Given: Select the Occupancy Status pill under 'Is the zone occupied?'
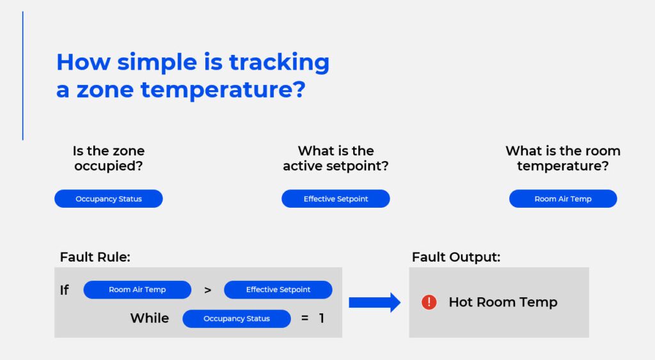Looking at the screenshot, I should [109, 199].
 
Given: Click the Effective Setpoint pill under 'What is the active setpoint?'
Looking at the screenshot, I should [336, 199].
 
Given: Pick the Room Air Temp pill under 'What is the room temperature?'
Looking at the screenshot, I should [563, 199].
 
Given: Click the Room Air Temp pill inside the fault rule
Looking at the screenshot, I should [138, 290].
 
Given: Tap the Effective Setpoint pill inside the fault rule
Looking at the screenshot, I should [278, 290].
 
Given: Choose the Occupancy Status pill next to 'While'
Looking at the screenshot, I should [237, 318].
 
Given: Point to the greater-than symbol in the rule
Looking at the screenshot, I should [207, 290].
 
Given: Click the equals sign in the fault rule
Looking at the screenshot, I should [304, 318].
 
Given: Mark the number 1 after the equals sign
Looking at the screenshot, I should [322, 318].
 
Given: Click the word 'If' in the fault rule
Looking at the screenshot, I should [65, 290].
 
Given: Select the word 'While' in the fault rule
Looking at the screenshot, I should [150, 318].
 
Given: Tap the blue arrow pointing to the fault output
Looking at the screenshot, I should [374, 302].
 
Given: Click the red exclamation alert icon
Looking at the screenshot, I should [429, 302].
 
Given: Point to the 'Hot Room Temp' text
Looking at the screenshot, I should [503, 302].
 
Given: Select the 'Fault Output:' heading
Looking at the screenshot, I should [456, 257].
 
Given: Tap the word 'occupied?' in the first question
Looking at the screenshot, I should [109, 166].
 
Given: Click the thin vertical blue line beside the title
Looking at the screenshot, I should [23, 75].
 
